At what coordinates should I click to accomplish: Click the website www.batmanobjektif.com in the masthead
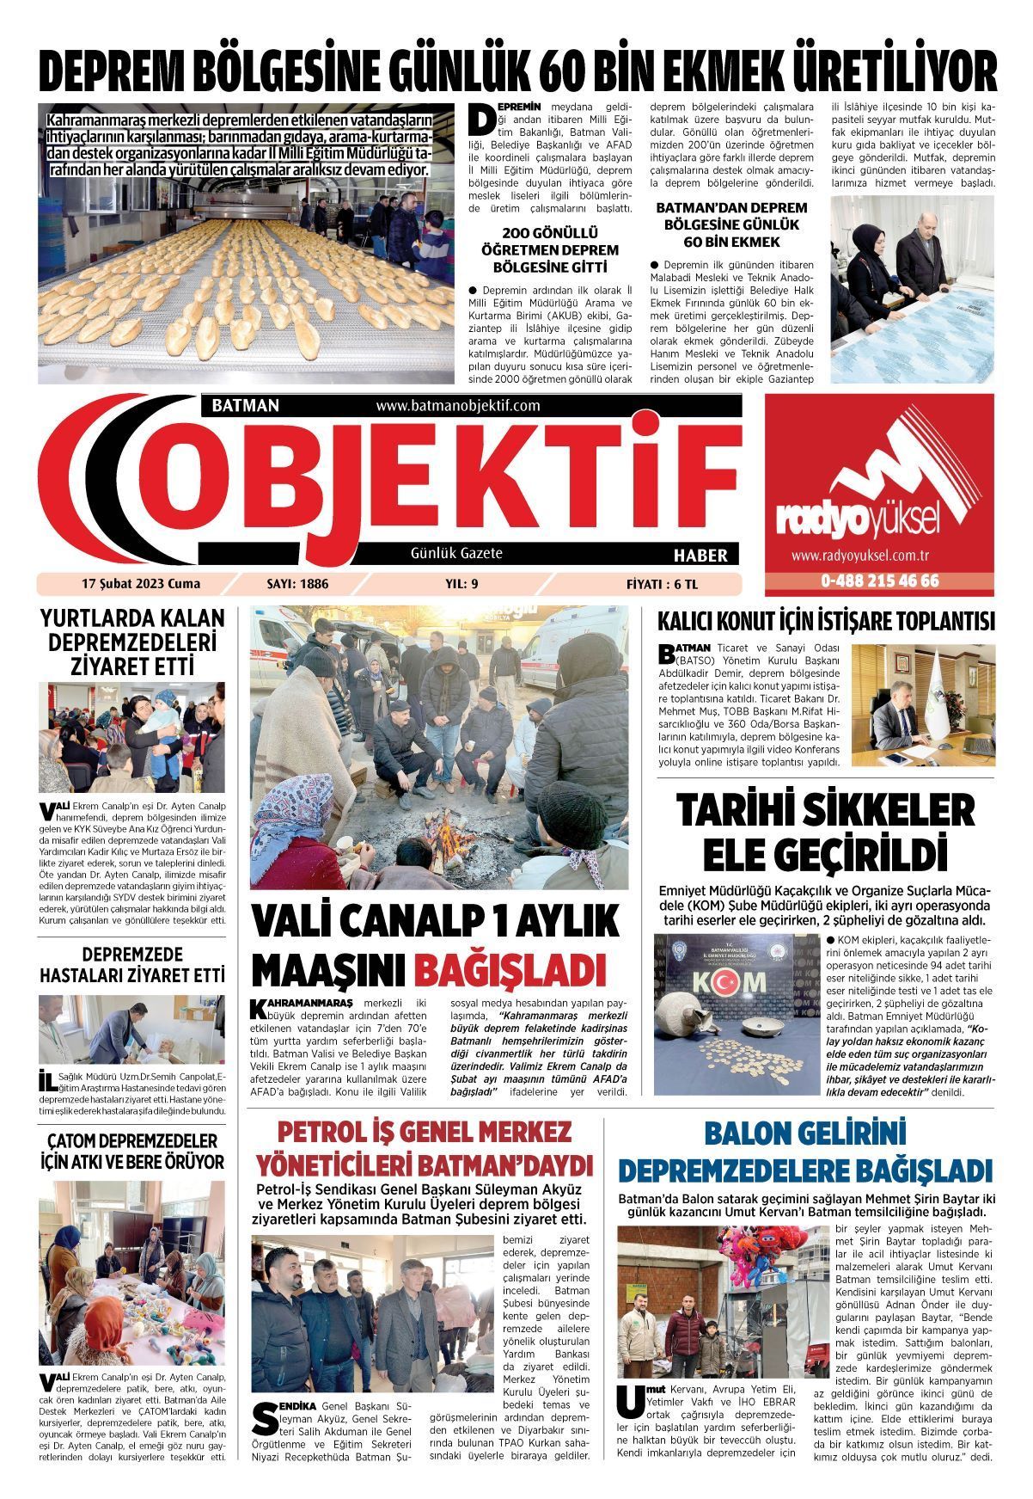pos(458,405)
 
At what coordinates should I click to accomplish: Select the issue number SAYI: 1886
pos(298,584)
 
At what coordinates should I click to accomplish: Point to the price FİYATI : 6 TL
pos(662,584)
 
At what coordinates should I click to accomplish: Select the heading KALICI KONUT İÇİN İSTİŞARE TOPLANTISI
pos(825,622)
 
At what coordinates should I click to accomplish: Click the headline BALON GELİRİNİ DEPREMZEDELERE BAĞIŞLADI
pos(805,1152)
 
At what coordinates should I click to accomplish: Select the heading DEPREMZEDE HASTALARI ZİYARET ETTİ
pos(132,965)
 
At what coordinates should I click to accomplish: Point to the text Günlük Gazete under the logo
pos(456,553)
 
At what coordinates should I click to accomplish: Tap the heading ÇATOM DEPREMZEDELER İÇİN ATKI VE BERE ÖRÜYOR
pos(132,1152)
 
